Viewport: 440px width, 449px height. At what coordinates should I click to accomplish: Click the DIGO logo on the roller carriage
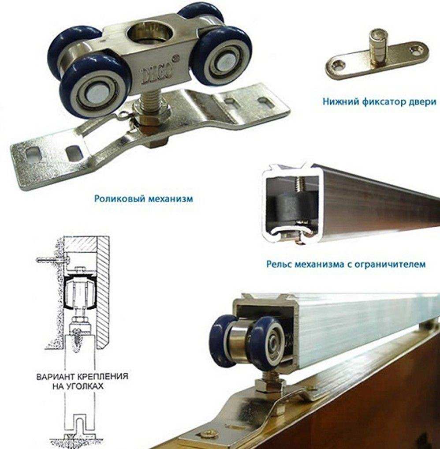[157, 74]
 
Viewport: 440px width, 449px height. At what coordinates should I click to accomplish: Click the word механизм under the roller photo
[170, 198]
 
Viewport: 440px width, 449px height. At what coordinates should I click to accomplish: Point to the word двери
[420, 102]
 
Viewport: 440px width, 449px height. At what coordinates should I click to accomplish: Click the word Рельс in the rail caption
[280, 263]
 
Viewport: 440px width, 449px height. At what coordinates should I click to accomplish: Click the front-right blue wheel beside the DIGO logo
[222, 56]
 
